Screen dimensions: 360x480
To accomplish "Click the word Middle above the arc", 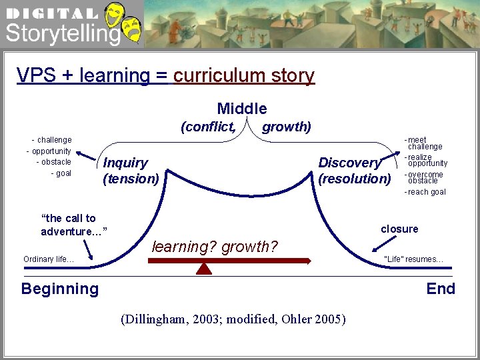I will click(x=241, y=109).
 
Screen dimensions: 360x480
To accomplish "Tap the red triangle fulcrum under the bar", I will click(x=204, y=268).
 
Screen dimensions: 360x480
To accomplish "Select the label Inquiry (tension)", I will click(x=131, y=171).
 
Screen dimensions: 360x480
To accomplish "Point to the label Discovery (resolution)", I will click(x=354, y=171).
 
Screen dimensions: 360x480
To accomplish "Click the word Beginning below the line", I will click(x=60, y=289).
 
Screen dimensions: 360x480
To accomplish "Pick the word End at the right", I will click(x=441, y=289).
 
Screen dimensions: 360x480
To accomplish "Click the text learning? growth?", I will click(x=215, y=247).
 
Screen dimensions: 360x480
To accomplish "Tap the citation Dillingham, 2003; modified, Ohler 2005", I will click(x=233, y=319).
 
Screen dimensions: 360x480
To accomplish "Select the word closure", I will click(x=399, y=229).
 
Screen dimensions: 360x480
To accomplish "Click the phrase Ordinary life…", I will click(x=49, y=259).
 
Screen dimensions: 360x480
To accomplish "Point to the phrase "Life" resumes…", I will click(x=413, y=259).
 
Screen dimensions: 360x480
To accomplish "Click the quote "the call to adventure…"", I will click(x=73, y=225).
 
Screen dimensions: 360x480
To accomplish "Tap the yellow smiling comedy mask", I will click(x=115, y=13).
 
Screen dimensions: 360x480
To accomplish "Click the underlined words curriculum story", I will click(x=243, y=75).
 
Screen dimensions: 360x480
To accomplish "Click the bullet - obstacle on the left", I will click(x=53, y=162).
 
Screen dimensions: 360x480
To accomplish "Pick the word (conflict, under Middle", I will click(x=208, y=127).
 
